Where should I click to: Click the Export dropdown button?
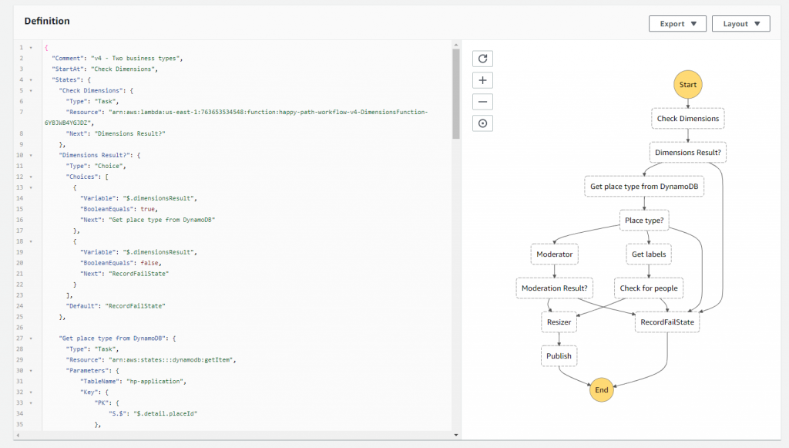(677, 24)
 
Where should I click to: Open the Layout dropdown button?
(740, 24)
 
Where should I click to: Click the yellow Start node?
(688, 83)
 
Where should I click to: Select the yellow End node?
(602, 390)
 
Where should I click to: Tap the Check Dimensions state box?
(688, 119)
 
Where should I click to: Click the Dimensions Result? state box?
(688, 153)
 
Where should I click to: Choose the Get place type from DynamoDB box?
(644, 187)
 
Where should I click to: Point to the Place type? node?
(644, 221)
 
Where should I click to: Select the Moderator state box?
(554, 254)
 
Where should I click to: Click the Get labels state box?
(649, 254)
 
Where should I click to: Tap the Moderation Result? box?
(554, 288)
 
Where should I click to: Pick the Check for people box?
(649, 288)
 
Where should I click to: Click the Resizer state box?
(559, 322)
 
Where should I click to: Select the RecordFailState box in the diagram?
(667, 322)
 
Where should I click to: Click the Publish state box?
(559, 355)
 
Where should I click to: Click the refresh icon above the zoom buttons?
(482, 59)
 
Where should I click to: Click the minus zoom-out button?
(482, 102)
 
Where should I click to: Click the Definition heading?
(47, 21)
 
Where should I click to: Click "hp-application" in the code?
(151, 381)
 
